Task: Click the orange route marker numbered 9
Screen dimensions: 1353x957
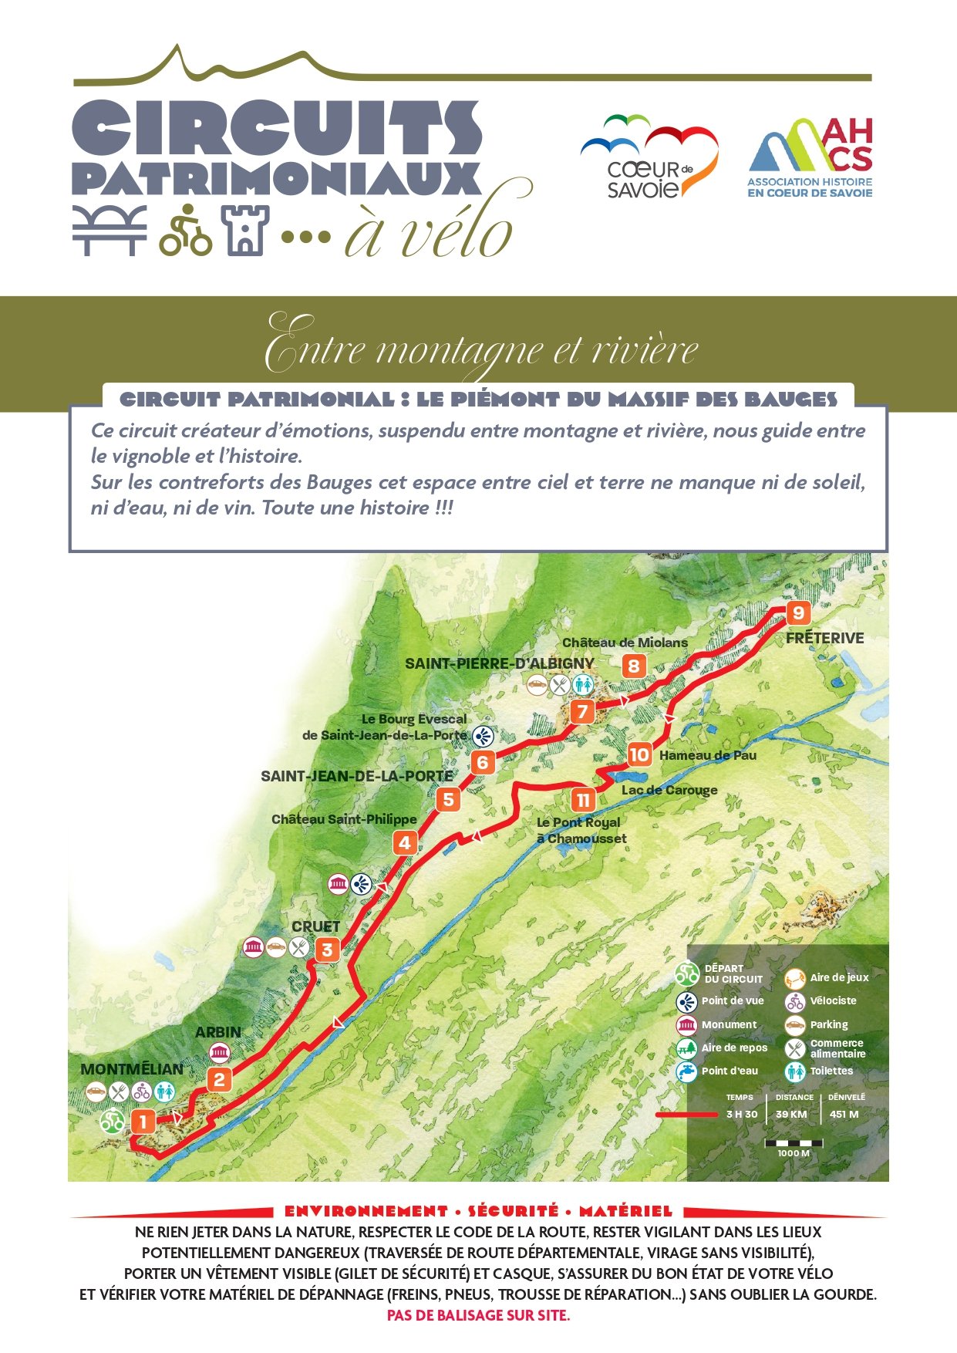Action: [x=798, y=613]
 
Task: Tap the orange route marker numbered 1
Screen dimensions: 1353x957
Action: [x=143, y=1121]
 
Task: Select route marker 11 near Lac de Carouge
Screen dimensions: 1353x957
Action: [x=584, y=800]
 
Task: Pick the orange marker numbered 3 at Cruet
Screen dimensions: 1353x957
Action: [x=327, y=950]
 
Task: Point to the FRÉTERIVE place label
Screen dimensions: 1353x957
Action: [x=824, y=639]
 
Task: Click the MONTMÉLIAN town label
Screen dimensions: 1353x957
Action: [x=132, y=1069]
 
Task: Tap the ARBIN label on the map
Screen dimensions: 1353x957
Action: [x=218, y=1032]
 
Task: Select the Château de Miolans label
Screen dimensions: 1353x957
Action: [x=625, y=643]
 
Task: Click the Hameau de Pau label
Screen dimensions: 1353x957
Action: [x=708, y=756]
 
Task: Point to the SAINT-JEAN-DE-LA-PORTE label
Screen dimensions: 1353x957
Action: [x=357, y=777]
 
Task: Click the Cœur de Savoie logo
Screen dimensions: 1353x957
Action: [x=649, y=157]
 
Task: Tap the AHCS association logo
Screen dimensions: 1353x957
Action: [x=810, y=157]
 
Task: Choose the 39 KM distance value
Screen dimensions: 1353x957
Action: [x=791, y=1115]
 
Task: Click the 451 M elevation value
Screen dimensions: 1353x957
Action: [x=844, y=1115]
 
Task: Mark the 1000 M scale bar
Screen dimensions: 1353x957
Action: [x=794, y=1144]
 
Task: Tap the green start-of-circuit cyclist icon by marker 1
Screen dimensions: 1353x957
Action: [x=113, y=1121]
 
